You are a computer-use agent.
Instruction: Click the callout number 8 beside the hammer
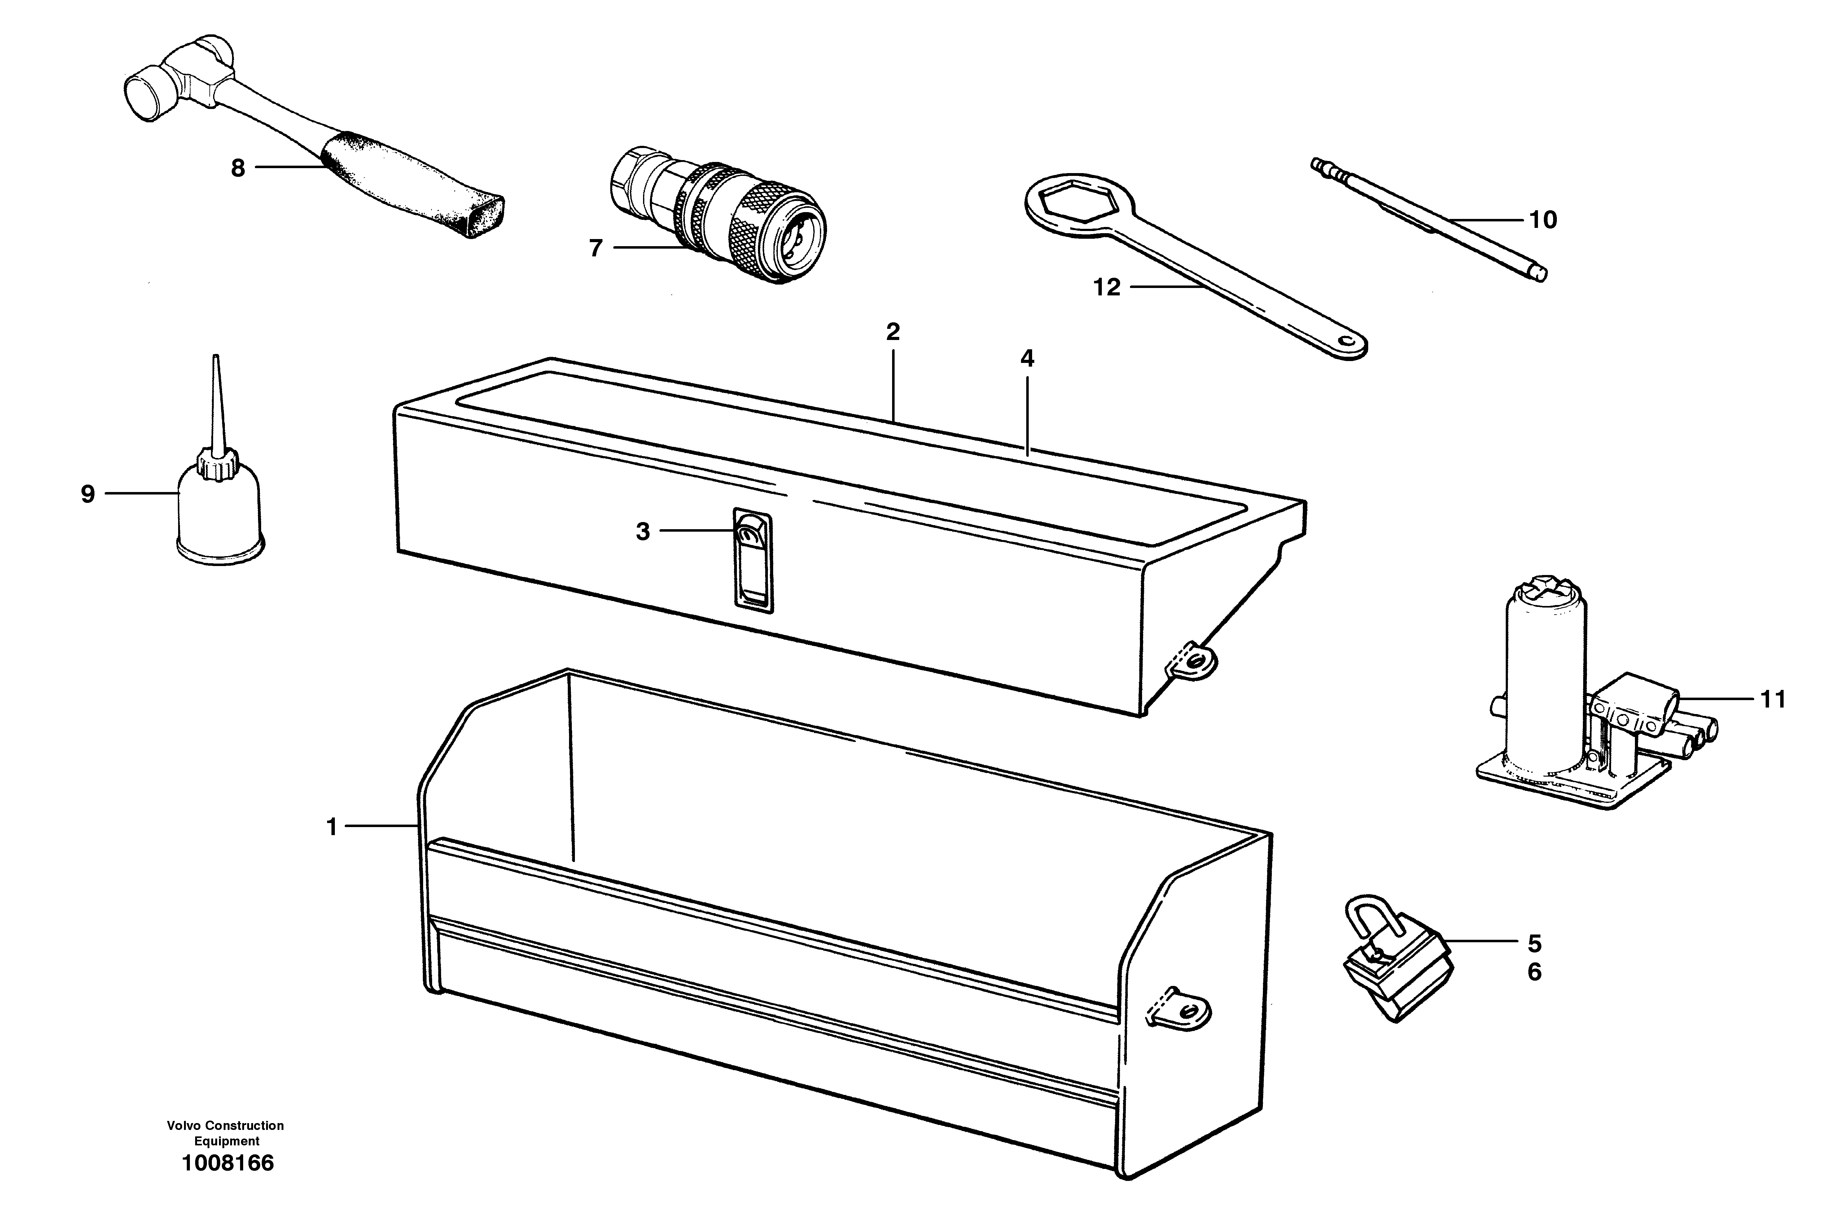(238, 168)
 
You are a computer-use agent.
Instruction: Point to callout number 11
(1773, 699)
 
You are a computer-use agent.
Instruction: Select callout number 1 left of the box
(332, 827)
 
